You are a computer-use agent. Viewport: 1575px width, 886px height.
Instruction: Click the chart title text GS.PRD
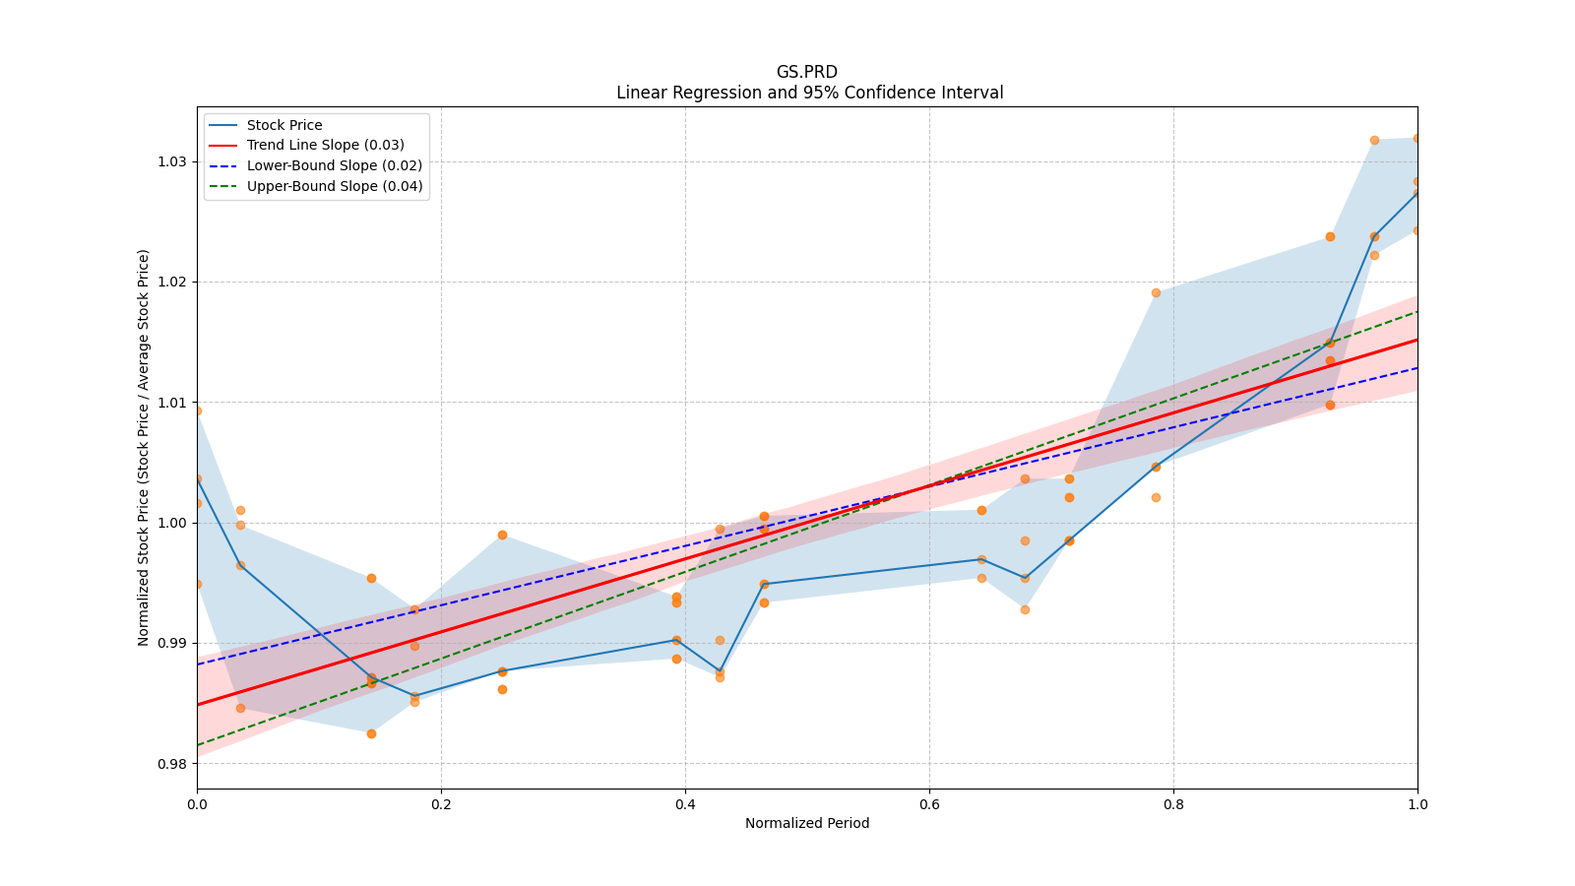(x=806, y=72)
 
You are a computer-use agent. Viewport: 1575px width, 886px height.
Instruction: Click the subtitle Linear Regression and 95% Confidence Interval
(x=809, y=93)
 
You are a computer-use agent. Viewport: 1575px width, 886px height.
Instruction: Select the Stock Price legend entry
(x=284, y=125)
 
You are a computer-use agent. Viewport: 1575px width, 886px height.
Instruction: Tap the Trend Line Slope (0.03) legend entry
(x=325, y=145)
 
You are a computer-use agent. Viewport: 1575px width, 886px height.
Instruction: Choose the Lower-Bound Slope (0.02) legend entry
(x=334, y=165)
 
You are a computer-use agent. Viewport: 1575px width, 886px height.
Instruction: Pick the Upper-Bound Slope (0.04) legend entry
(x=334, y=186)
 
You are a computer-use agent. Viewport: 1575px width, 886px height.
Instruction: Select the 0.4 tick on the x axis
(x=685, y=804)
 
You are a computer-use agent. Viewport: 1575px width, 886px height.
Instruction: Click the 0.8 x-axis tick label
(x=1173, y=804)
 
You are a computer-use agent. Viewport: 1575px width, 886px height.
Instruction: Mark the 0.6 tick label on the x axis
(x=929, y=804)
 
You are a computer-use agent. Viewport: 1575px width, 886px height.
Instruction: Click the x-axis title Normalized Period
(x=807, y=823)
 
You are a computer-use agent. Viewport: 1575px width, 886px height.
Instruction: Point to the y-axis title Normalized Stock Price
(x=144, y=448)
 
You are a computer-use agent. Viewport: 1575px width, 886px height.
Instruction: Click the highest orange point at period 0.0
(x=197, y=411)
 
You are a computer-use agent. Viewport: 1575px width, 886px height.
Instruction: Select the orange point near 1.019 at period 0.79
(x=1156, y=292)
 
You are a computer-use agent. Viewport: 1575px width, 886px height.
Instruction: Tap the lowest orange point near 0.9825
(x=371, y=733)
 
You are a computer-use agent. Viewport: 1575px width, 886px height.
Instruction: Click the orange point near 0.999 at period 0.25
(x=502, y=535)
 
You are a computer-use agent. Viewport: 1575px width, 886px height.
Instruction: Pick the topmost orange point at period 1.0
(x=1417, y=138)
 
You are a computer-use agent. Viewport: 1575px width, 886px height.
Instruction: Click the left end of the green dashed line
(x=198, y=745)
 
